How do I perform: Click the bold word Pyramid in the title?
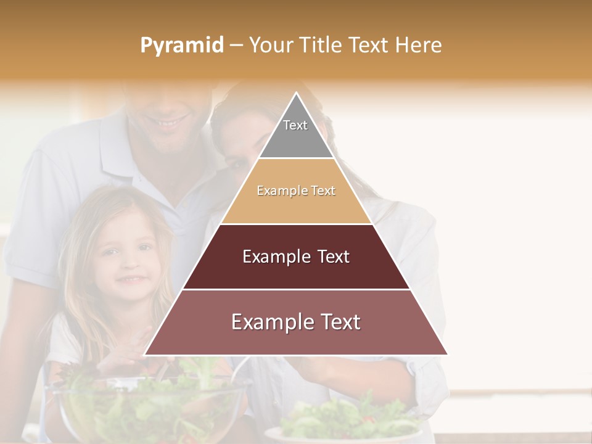(x=181, y=46)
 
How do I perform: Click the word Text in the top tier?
(x=295, y=125)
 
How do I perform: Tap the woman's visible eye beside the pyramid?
(x=237, y=163)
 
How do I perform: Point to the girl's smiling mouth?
(x=131, y=279)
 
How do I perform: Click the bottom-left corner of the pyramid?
(x=145, y=355)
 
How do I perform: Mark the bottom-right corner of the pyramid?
(x=447, y=355)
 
